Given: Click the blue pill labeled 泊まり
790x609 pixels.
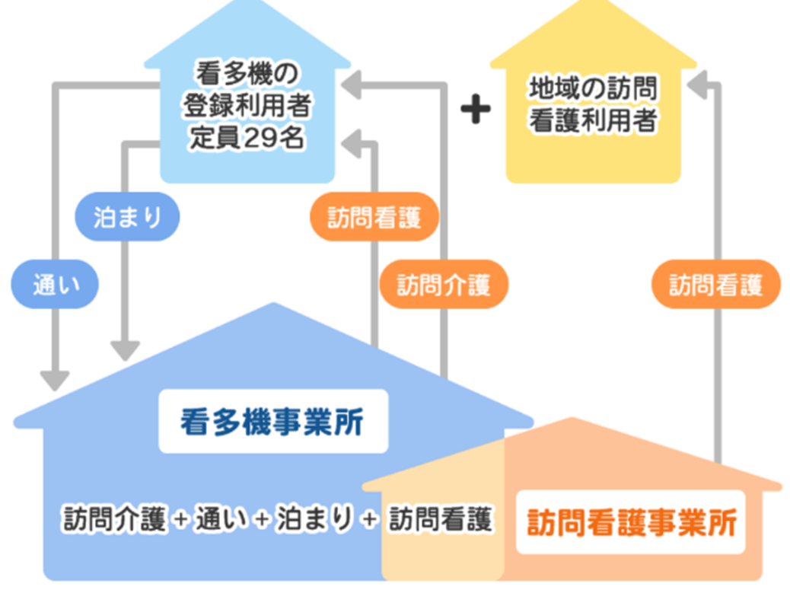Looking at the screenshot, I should [x=128, y=217].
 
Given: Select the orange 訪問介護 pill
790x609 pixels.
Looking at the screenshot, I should [x=443, y=285].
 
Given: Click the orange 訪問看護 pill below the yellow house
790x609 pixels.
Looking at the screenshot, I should [x=715, y=285].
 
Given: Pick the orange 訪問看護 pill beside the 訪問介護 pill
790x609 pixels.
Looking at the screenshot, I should [x=374, y=217].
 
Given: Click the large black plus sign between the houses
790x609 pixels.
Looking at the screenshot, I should [x=476, y=110].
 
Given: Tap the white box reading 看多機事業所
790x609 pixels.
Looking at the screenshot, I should [x=272, y=422].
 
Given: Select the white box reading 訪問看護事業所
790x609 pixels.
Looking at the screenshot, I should [x=631, y=522].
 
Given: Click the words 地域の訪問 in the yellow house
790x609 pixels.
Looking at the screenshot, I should [x=593, y=89].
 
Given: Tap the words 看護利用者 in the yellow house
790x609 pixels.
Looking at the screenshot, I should [x=593, y=120].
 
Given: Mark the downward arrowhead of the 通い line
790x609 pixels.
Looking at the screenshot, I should [x=55, y=379].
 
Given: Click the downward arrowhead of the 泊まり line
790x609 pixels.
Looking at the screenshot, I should [x=126, y=350].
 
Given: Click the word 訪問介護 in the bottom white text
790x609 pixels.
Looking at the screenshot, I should [x=114, y=519].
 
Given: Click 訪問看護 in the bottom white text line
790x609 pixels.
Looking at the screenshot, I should [x=441, y=519].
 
